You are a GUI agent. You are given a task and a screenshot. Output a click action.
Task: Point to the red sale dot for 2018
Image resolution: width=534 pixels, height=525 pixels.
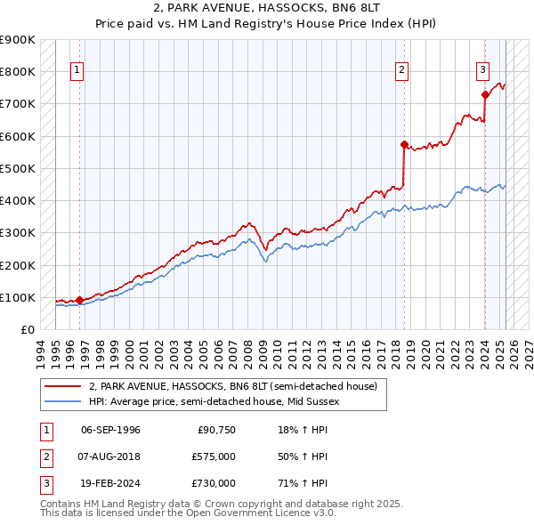pyautogui.click(x=404, y=144)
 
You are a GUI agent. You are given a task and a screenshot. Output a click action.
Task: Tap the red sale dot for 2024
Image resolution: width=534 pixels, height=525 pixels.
pyautogui.click(x=485, y=94)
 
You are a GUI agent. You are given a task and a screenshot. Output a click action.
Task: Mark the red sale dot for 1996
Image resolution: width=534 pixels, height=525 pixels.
pyautogui.click(x=79, y=300)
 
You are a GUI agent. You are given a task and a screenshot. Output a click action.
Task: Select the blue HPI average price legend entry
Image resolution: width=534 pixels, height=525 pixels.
pyautogui.click(x=214, y=401)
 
